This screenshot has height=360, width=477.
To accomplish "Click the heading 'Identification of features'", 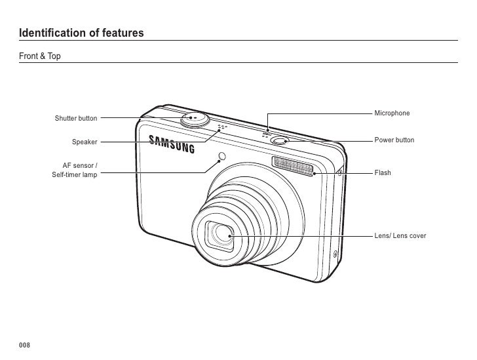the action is [81, 32].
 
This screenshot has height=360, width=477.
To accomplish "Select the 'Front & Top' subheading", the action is [40, 57].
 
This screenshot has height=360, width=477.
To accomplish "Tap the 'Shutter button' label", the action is [76, 119].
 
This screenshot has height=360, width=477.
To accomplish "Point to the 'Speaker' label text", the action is [85, 142].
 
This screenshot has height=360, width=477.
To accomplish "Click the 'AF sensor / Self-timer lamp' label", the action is [75, 171].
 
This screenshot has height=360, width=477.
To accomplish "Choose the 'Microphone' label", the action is [392, 113].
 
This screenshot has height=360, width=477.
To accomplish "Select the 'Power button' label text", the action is [394, 141].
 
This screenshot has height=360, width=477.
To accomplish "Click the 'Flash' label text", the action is [383, 173].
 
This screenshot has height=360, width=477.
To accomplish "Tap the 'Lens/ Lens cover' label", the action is [400, 235].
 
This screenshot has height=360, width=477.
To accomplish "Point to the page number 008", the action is [25, 346].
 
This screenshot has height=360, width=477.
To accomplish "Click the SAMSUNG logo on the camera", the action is [173, 144].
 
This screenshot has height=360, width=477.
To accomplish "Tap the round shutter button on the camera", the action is [195, 118].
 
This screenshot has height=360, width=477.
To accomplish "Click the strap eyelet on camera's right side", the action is [339, 172].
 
